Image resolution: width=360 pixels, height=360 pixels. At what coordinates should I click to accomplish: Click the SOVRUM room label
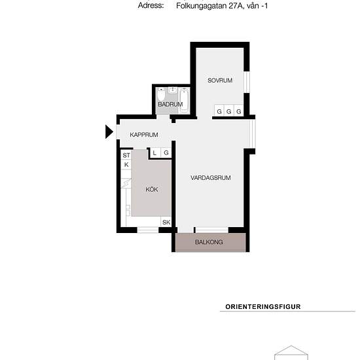[221, 81]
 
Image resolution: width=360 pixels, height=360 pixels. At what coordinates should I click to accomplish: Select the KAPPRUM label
[144, 135]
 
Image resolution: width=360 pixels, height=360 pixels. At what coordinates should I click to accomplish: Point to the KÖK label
[152, 190]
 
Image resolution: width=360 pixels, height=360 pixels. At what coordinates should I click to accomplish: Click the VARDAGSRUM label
[211, 177]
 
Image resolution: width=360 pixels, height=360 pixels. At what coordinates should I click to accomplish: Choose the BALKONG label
[209, 242]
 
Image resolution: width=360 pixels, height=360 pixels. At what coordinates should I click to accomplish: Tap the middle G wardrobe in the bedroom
[228, 112]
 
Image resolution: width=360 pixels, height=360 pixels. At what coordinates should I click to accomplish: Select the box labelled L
[155, 153]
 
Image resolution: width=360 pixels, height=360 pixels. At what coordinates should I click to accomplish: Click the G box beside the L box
[166, 153]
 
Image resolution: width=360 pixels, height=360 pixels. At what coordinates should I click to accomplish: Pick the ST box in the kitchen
[126, 155]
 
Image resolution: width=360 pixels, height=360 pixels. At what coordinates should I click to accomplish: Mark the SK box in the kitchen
[166, 223]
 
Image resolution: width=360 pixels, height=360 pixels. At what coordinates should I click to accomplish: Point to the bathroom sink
[171, 91]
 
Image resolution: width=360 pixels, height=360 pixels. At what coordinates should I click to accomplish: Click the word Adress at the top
[151, 5]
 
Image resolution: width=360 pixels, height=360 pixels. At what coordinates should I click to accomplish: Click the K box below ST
[126, 165]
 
